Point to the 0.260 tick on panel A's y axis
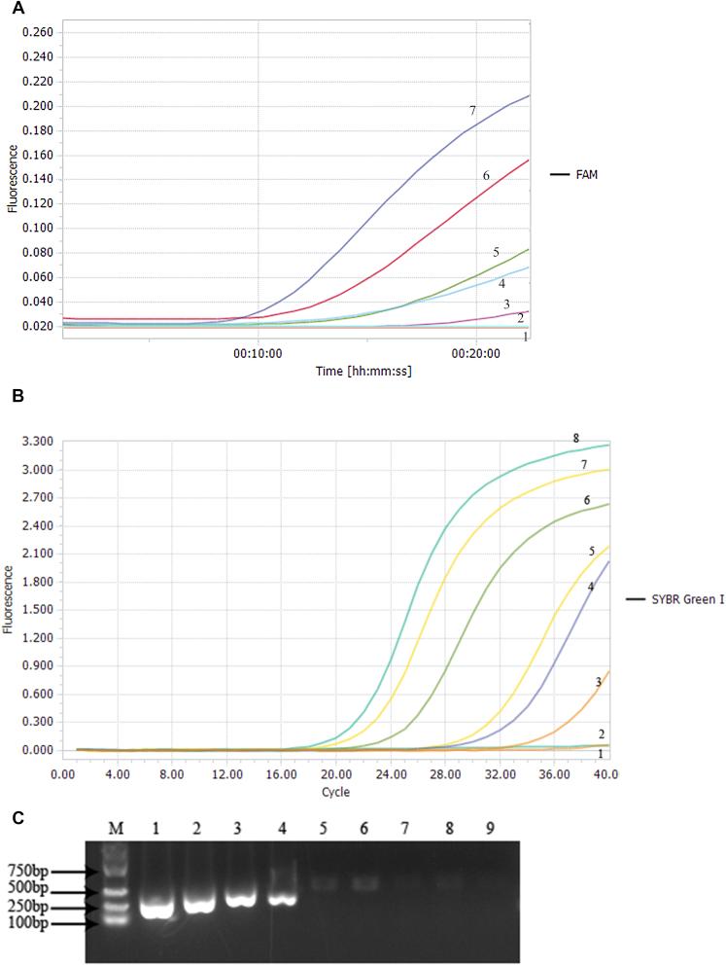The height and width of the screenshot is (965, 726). click(36, 32)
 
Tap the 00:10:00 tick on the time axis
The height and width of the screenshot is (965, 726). click(259, 355)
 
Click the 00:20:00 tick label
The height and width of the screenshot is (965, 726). click(477, 355)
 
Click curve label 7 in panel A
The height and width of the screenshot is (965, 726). click(472, 111)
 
